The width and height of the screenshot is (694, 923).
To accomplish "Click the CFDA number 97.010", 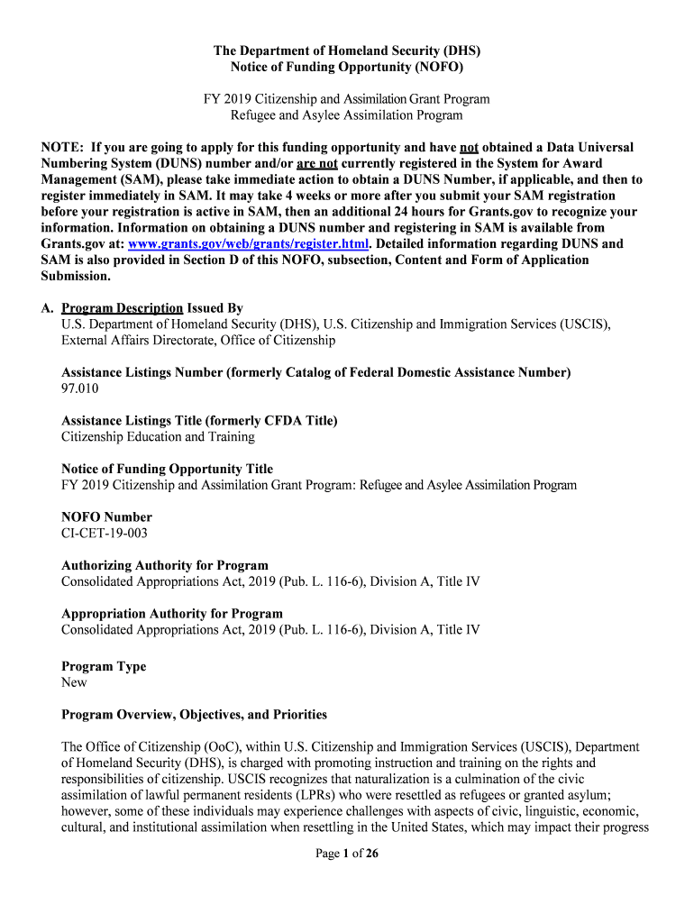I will click(x=80, y=388).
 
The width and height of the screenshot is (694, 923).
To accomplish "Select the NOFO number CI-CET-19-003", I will click(x=105, y=534).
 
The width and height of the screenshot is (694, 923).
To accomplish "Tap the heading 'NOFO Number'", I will click(x=106, y=517).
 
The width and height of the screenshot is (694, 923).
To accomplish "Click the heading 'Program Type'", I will click(x=104, y=667).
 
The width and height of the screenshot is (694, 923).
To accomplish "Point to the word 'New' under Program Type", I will click(x=74, y=683).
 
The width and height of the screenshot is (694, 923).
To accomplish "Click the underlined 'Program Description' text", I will click(x=123, y=308).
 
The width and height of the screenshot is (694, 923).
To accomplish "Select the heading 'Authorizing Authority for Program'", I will click(x=165, y=566).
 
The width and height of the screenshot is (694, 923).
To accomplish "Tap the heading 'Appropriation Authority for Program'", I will click(x=172, y=614).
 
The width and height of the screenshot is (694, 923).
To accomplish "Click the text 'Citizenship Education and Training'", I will click(x=158, y=437).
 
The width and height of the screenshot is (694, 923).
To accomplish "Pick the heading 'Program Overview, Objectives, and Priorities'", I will click(x=194, y=715).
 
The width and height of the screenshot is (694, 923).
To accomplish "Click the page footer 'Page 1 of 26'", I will click(x=347, y=854).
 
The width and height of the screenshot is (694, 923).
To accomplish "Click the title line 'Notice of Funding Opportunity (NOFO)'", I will click(x=347, y=68).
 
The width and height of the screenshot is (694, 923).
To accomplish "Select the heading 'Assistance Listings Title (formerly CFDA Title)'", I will click(x=199, y=421).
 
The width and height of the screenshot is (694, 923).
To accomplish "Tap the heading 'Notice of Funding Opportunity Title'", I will click(x=167, y=470).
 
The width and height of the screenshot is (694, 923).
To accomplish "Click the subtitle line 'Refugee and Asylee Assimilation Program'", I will click(x=347, y=115).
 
